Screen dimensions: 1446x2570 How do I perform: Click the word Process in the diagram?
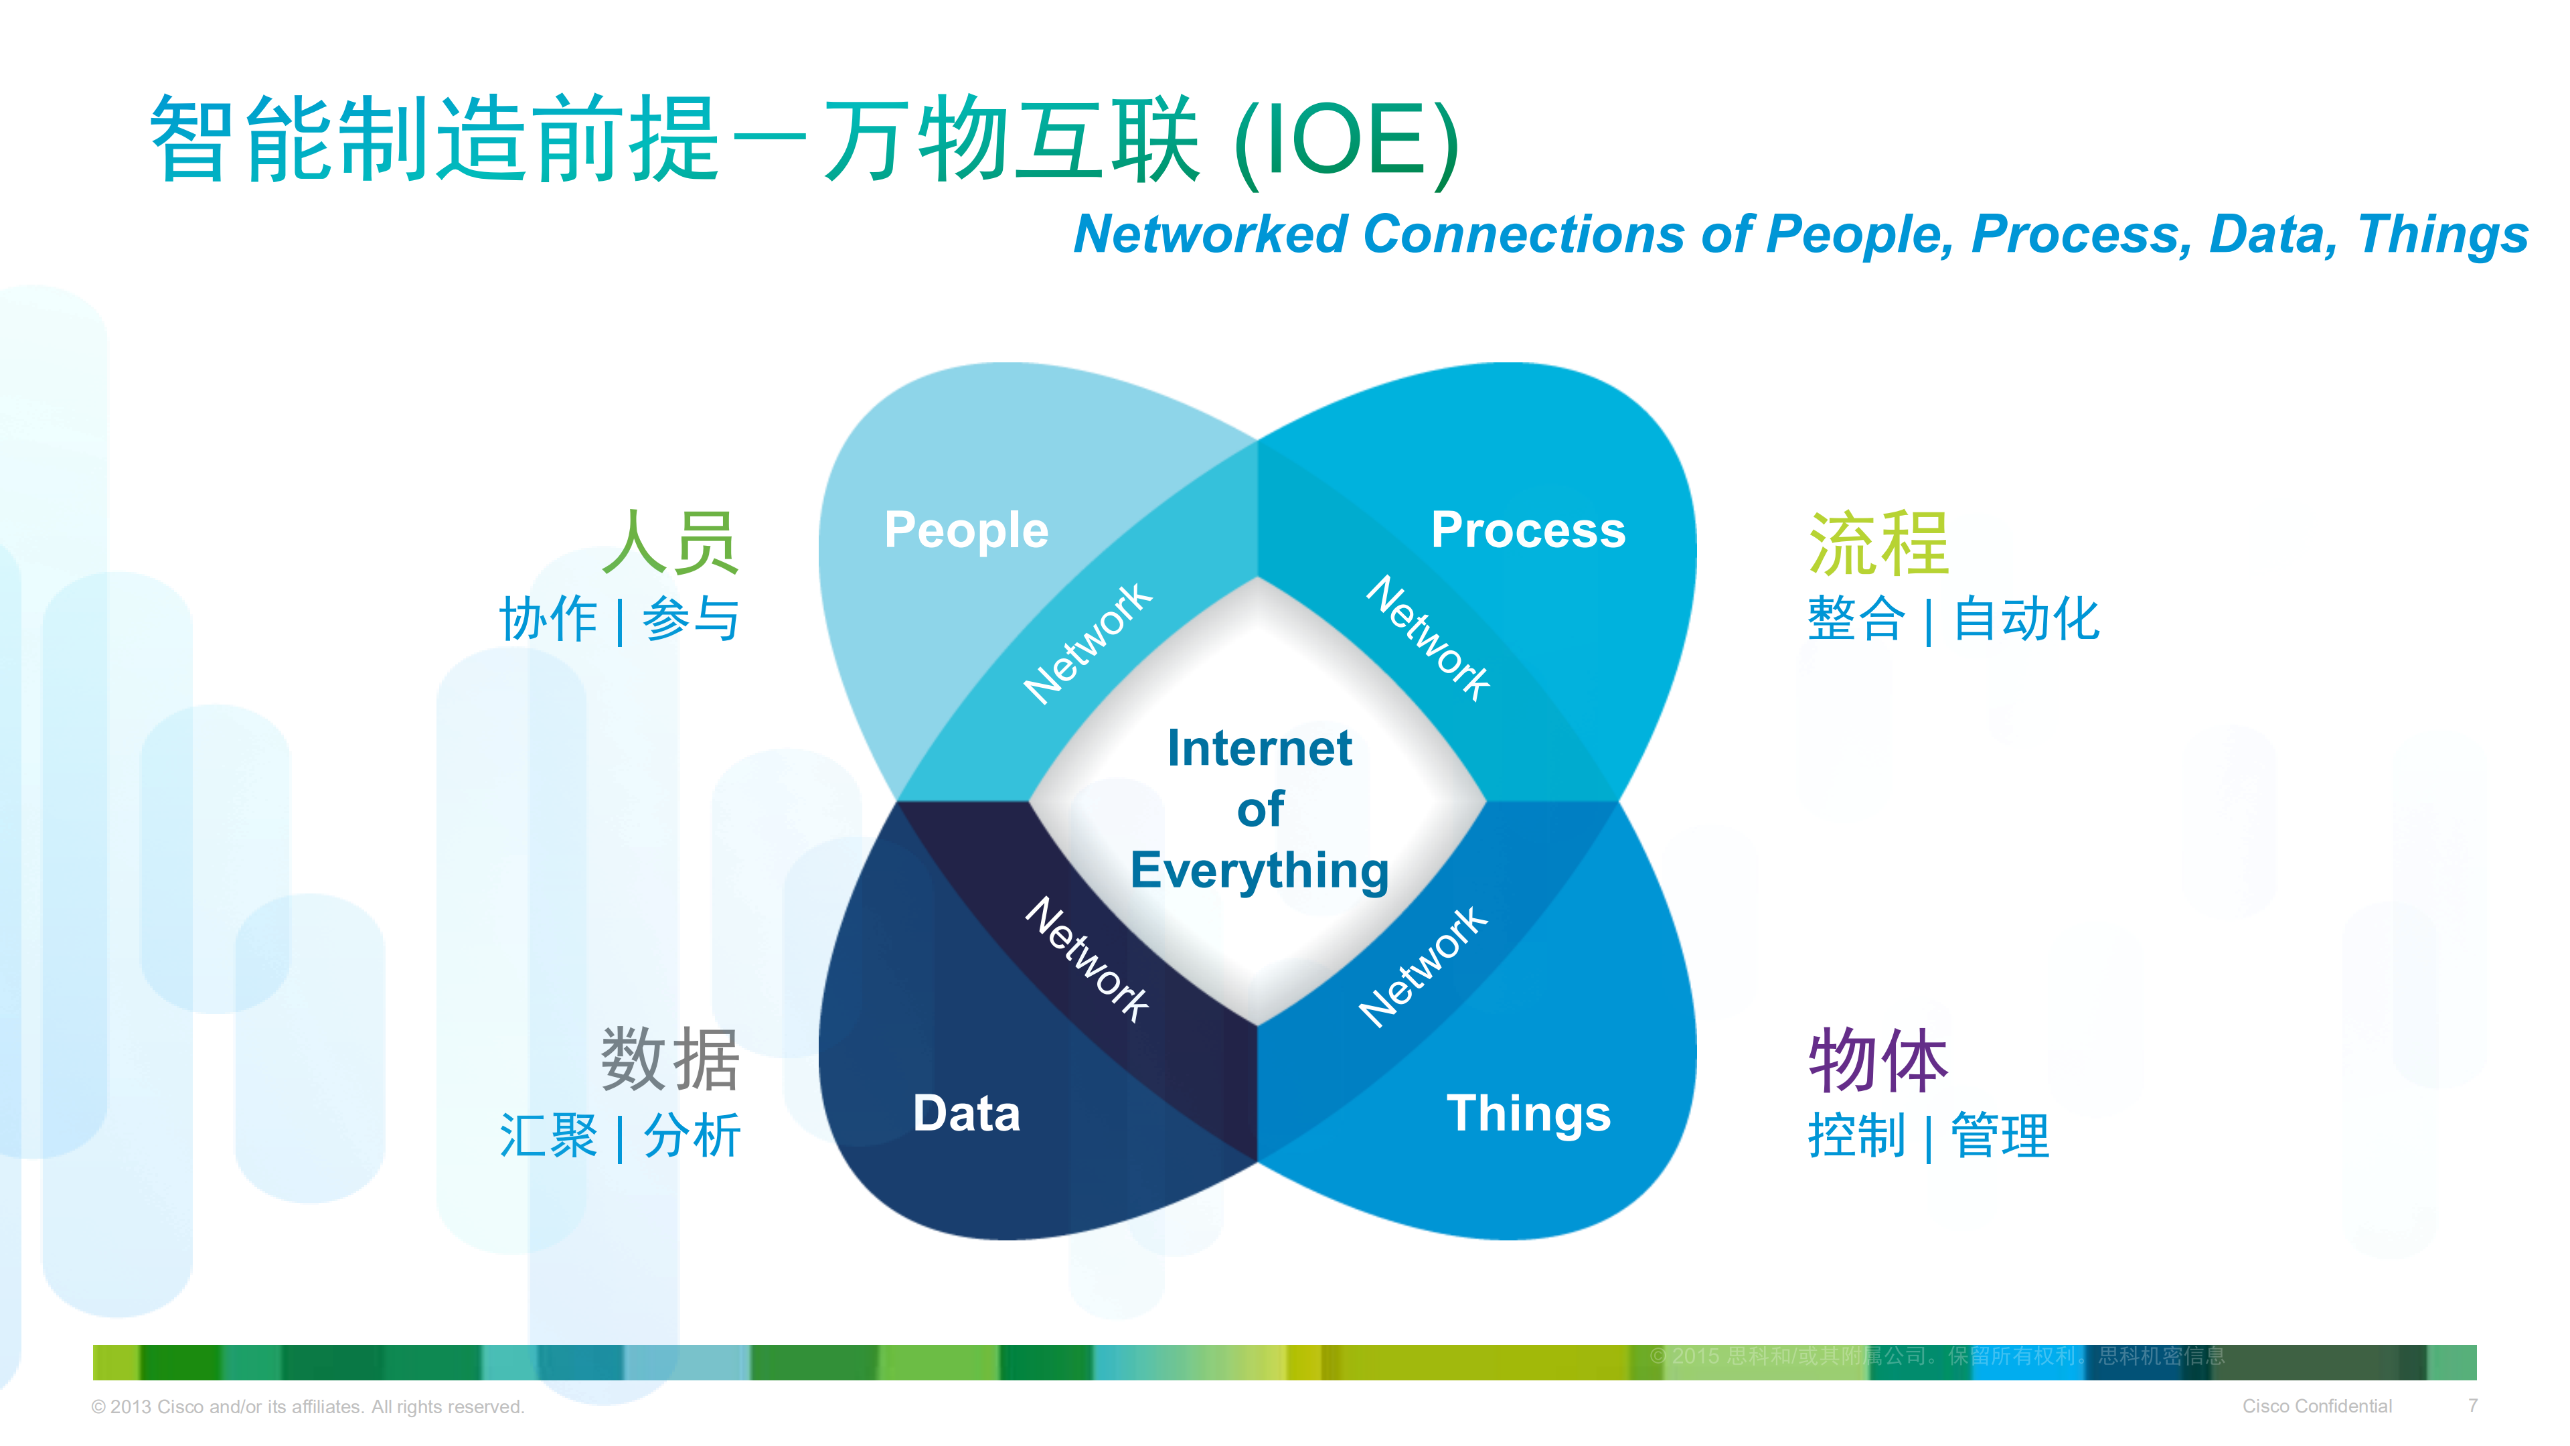tap(1528, 530)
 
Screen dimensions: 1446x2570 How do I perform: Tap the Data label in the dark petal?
tap(966, 1112)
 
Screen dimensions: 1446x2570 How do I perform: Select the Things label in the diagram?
tap(1528, 1112)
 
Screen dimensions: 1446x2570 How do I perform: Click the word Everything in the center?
tap(1259, 870)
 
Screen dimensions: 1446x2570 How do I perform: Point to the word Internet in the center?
tap(1259, 748)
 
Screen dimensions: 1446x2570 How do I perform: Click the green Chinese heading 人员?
tap(670, 543)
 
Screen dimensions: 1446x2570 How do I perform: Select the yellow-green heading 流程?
tap(1878, 543)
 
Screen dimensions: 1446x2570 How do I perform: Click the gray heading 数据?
tap(670, 1060)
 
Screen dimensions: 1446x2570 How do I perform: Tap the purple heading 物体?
tap(1878, 1060)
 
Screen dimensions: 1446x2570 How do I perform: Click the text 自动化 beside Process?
tap(2025, 619)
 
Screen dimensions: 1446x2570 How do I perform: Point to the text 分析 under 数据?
tap(692, 1136)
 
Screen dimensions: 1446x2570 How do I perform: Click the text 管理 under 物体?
tap(2000, 1136)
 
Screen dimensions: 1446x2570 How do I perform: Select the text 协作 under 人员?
tap(548, 619)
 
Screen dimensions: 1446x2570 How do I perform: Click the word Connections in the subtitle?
tap(1524, 234)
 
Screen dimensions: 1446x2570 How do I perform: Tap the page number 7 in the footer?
tap(2472, 1405)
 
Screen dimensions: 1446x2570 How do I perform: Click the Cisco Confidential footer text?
tap(2316, 1405)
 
